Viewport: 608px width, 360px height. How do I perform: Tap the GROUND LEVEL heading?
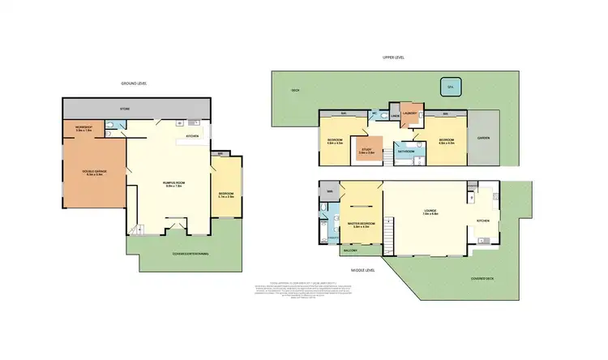(x=135, y=84)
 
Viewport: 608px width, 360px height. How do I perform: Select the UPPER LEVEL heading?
(x=394, y=58)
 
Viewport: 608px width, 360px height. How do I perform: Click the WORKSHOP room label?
(x=84, y=129)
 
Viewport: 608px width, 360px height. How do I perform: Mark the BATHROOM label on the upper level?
(x=405, y=152)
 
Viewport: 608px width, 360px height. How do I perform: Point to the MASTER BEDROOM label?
(x=361, y=225)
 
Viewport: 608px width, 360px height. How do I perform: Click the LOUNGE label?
(x=430, y=212)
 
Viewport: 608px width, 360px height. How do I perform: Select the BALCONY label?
(x=351, y=251)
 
